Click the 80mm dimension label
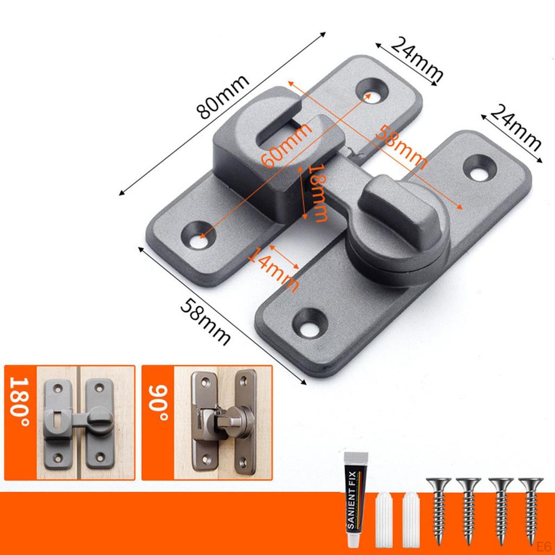[x=223, y=96]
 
